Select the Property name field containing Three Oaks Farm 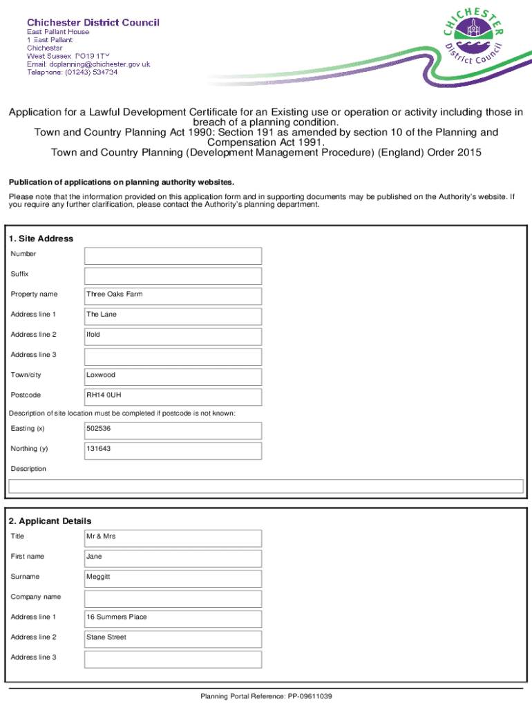click(x=173, y=296)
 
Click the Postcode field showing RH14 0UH click(x=173, y=397)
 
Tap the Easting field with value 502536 click(x=173, y=431)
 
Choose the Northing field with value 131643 click(x=173, y=451)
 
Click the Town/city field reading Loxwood click(x=173, y=377)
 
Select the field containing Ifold click(x=173, y=337)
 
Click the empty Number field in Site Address click(x=173, y=256)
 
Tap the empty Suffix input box click(x=173, y=276)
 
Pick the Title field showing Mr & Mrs click(x=173, y=538)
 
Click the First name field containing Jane click(x=173, y=558)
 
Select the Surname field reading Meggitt click(x=173, y=578)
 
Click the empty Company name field click(x=173, y=598)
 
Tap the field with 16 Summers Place click(x=173, y=619)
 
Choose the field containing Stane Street click(x=173, y=639)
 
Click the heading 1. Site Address click(x=41, y=239)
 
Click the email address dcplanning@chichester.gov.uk click(x=88, y=64)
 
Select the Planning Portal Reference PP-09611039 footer click(x=266, y=696)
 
